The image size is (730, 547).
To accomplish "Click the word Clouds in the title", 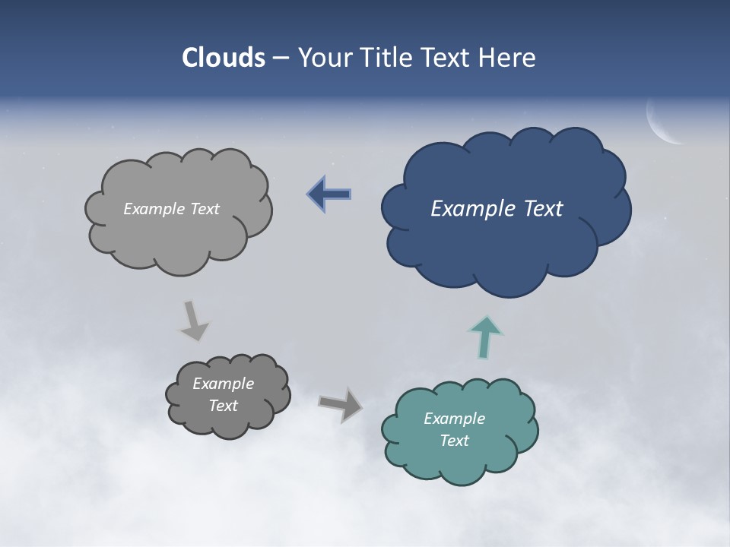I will (x=224, y=58).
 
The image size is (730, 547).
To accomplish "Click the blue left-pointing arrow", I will (x=329, y=194).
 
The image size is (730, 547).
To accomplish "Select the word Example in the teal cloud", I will (x=454, y=418).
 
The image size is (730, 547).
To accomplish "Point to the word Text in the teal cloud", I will (x=454, y=441).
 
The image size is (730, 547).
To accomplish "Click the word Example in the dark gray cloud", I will (x=223, y=384).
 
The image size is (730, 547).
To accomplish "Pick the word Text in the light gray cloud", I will (x=204, y=209).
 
